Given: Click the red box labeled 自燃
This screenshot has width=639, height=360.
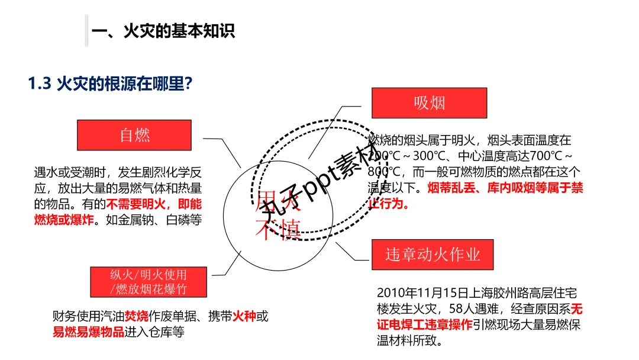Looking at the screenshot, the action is point(134,135).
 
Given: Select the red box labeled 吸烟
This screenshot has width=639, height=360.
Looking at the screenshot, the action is point(429,103).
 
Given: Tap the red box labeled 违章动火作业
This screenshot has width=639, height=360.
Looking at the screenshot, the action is point(433,255).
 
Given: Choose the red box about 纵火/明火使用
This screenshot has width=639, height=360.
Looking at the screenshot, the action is point(149,282).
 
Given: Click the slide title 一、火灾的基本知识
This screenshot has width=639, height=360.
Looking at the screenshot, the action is point(163,31).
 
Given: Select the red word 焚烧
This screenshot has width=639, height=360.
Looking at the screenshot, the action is point(136,316).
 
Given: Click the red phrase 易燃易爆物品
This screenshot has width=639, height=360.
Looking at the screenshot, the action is point(89,332).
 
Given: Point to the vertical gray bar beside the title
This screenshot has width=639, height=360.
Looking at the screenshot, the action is point(86,31).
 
